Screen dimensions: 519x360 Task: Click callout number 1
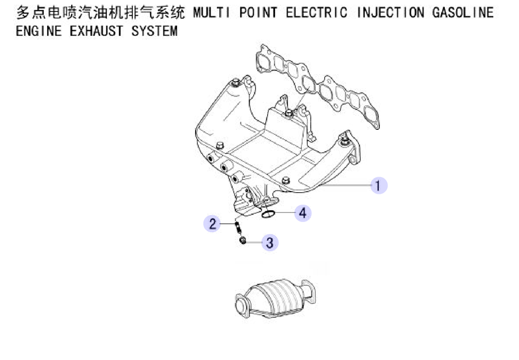click(x=379, y=185)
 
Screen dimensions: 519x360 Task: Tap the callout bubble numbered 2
click(x=212, y=223)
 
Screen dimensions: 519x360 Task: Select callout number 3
click(x=270, y=243)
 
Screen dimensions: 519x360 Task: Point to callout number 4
click(x=303, y=213)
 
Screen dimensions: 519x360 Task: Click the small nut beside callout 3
click(x=242, y=241)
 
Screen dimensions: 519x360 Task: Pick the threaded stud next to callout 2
click(x=238, y=227)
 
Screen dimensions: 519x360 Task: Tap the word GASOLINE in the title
click(x=463, y=12)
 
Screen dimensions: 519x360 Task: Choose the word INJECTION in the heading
click(x=390, y=12)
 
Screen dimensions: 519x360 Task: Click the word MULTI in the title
click(x=211, y=12)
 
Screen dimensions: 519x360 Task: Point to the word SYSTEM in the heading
click(x=154, y=31)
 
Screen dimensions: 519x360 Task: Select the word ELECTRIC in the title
click(x=317, y=12)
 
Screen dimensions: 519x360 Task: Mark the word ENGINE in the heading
click(x=39, y=31)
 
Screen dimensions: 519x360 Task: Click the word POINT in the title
click(x=258, y=12)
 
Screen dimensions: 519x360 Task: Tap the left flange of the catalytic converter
click(x=242, y=305)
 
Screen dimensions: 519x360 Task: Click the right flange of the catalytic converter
click(x=308, y=291)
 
